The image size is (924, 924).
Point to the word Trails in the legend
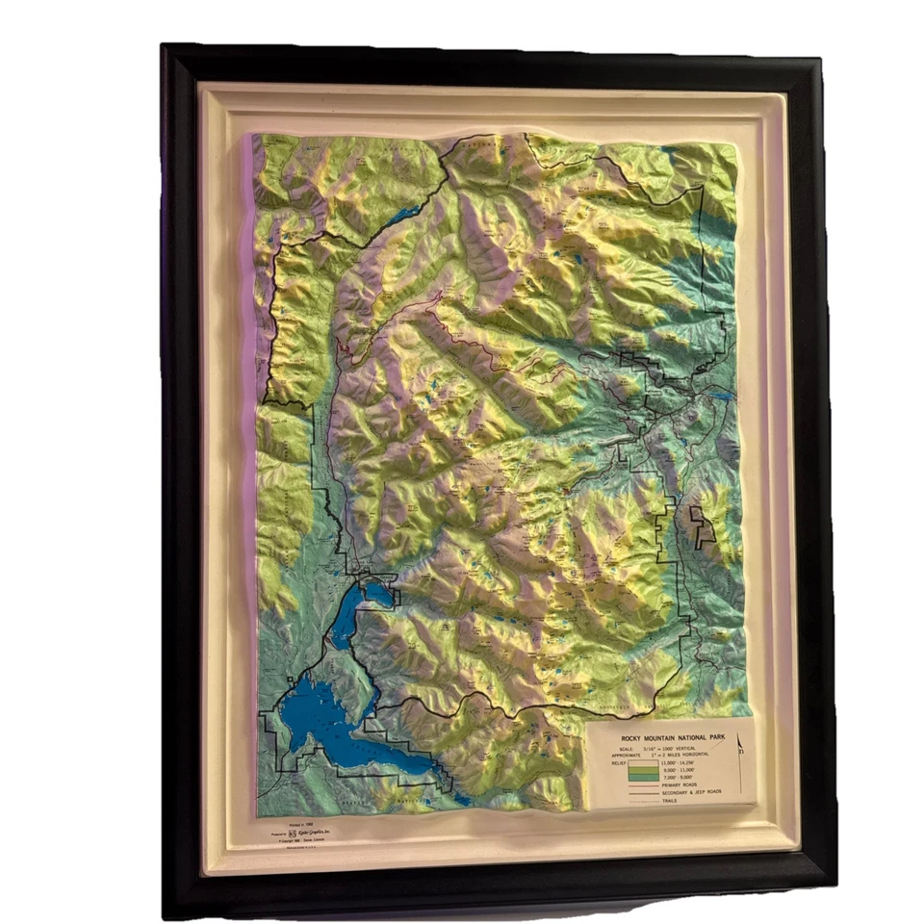pos(670,801)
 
